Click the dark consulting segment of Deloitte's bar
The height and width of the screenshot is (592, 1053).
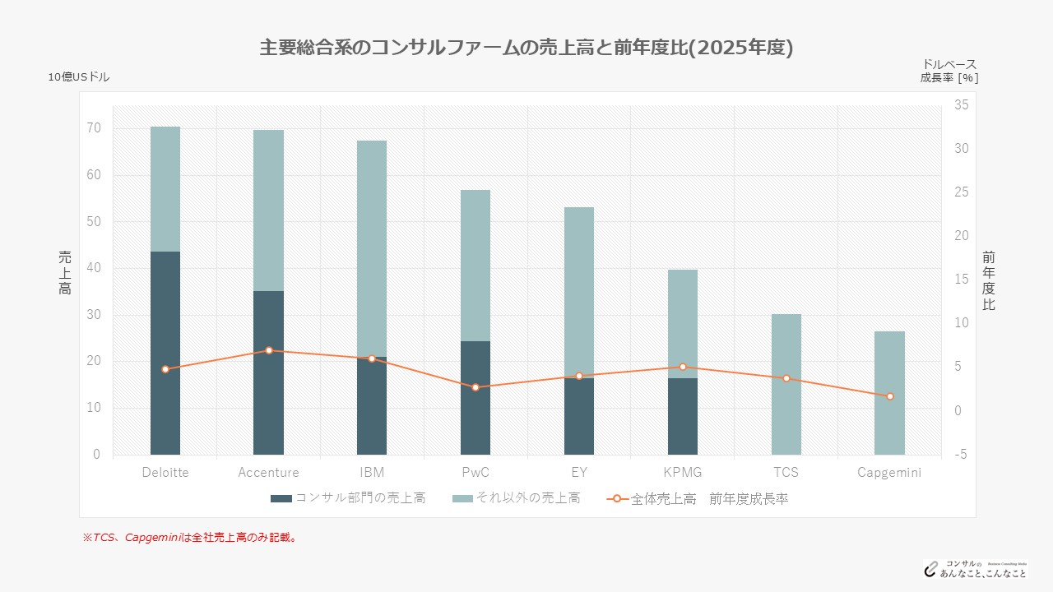(165, 353)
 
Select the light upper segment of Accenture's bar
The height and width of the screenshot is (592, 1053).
(268, 210)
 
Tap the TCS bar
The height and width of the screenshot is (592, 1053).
(786, 384)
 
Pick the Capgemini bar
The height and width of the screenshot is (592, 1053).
(889, 393)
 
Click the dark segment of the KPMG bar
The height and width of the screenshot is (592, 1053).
(683, 416)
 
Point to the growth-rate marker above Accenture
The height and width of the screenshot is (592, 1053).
(269, 350)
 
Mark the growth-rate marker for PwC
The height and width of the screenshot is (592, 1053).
(475, 387)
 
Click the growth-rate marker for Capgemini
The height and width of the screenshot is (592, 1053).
(889, 396)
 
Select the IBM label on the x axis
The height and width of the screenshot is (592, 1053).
(372, 473)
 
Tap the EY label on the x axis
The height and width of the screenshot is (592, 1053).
(579, 473)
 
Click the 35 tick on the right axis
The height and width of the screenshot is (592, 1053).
(961, 105)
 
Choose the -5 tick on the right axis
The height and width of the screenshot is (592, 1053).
(961, 454)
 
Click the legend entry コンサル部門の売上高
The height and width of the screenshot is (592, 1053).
(348, 498)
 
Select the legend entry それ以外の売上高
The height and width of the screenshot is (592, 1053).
(516, 498)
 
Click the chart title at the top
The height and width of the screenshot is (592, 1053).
(526, 48)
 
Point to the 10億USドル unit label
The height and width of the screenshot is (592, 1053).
(78, 76)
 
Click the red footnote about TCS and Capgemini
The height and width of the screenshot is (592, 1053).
(189, 538)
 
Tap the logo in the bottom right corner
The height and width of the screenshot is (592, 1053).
(974, 568)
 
